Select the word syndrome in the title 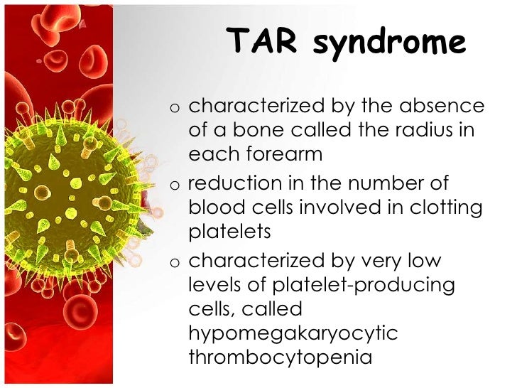click(389, 45)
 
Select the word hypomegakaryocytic click(293, 333)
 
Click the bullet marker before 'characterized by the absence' click(174, 107)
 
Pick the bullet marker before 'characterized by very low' click(174, 262)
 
